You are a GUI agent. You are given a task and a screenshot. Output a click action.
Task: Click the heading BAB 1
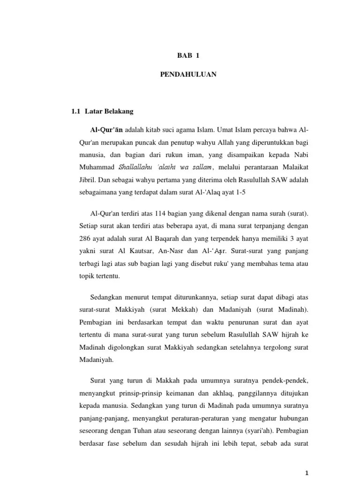pyautogui.click(x=188, y=55)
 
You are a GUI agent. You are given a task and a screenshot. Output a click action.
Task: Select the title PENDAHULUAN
pyautogui.click(x=187, y=74)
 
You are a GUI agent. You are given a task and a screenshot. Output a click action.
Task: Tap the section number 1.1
pyautogui.click(x=75, y=112)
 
